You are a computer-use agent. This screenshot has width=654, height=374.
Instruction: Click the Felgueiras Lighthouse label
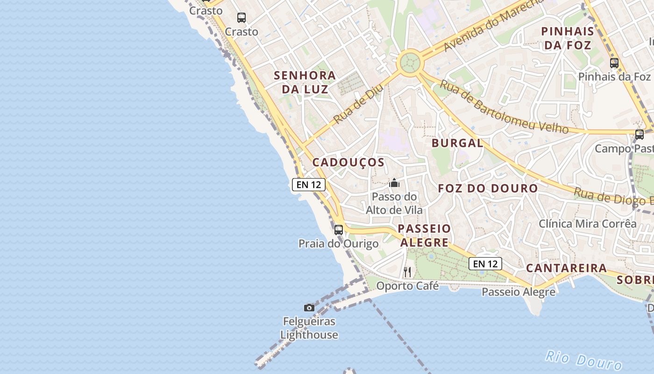point(309,328)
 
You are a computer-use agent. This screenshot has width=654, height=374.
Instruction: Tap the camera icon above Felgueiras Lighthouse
point(309,308)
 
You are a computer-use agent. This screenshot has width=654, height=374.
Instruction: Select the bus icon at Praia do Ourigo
point(339,230)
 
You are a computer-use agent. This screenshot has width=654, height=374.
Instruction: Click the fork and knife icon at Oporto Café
point(407,272)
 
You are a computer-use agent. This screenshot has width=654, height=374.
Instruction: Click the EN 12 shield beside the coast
point(308,185)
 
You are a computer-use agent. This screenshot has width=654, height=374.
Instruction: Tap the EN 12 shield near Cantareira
point(485,264)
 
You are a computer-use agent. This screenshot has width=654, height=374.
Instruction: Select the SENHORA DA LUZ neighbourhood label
point(305,82)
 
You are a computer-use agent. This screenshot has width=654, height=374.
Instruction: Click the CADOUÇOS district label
point(348,163)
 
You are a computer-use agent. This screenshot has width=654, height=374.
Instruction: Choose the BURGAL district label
point(457,143)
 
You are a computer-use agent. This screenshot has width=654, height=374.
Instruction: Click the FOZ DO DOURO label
point(488,188)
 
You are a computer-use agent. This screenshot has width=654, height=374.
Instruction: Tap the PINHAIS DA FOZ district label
point(568,38)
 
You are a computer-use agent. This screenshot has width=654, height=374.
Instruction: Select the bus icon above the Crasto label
point(241,18)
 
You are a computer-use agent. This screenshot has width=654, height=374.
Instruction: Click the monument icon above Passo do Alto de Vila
point(394,183)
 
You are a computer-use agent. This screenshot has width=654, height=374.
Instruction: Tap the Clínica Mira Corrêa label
point(587,223)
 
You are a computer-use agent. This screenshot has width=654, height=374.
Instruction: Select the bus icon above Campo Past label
point(639,135)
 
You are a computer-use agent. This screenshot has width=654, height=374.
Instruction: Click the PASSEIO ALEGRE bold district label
point(424,236)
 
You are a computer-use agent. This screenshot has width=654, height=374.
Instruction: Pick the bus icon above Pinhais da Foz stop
point(614,63)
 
